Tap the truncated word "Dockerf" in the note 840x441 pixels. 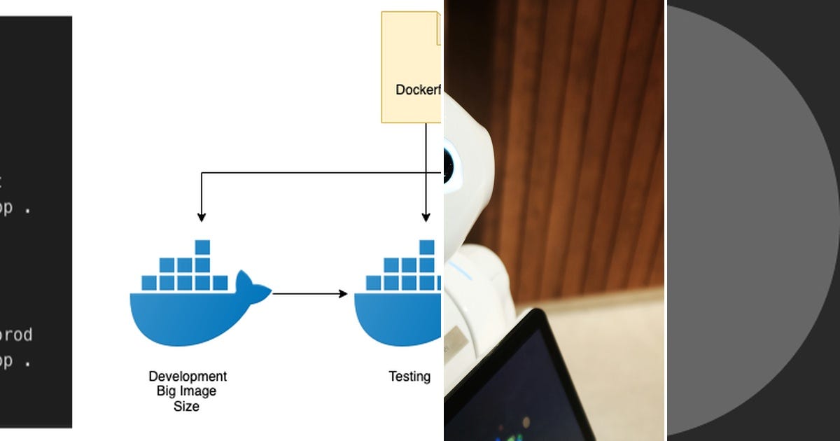click(418, 90)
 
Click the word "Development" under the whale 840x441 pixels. click(188, 377)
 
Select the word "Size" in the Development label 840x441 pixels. click(186, 406)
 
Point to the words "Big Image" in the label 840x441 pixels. click(186, 391)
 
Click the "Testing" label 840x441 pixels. click(409, 377)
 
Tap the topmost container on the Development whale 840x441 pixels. click(202, 247)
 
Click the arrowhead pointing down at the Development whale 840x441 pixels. click(202, 216)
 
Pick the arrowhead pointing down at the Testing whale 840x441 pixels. click(426, 216)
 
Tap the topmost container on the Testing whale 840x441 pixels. click(426, 247)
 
